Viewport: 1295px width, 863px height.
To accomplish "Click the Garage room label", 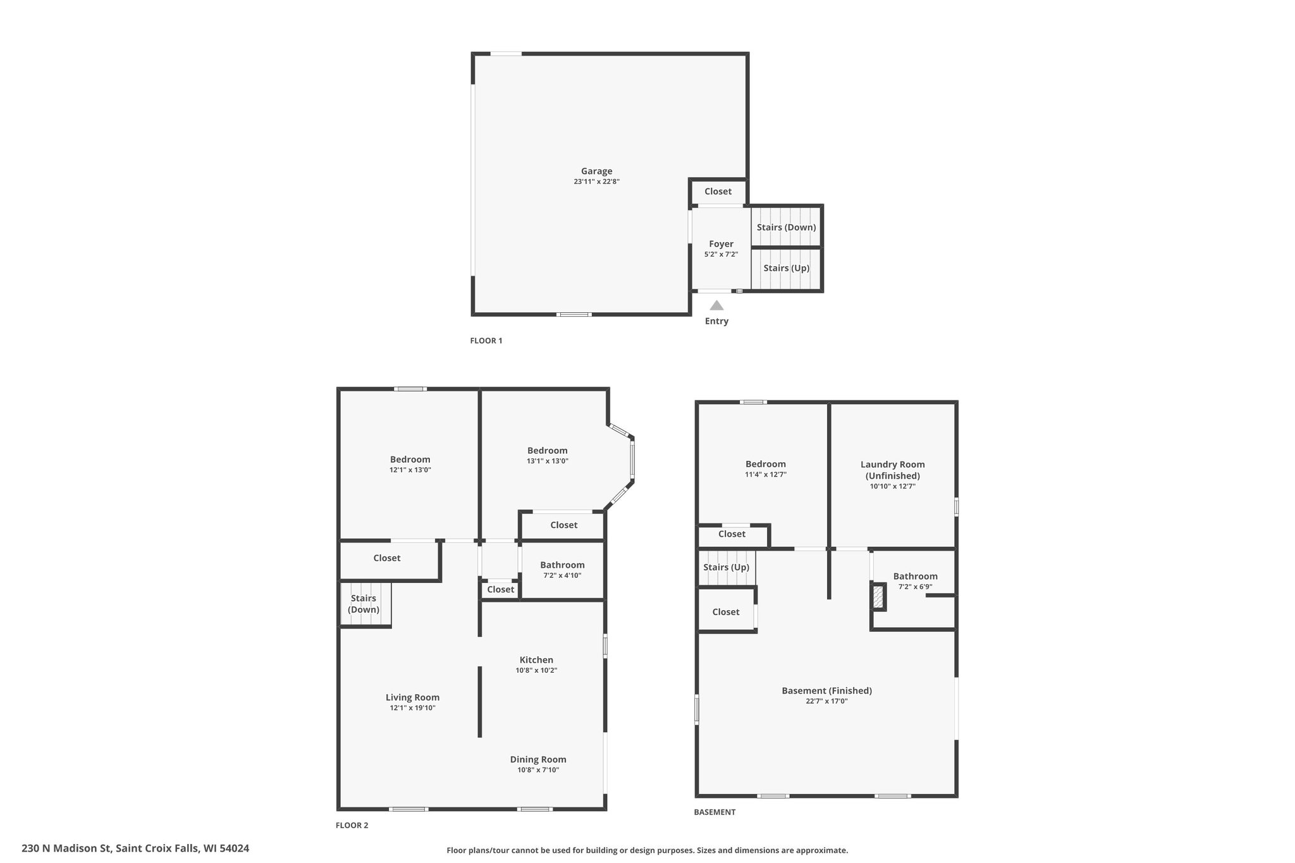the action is coord(596,171).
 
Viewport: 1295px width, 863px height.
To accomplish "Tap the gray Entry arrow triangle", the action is coord(716,305).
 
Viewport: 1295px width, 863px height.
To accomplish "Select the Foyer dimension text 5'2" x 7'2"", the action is coord(721,254).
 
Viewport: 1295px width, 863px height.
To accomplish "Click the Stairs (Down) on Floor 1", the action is coord(786,227).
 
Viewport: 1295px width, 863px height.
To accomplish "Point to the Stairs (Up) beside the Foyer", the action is coord(786,268).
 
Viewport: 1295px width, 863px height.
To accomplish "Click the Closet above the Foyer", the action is coord(718,192).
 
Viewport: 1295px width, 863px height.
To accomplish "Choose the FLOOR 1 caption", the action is coord(486,341).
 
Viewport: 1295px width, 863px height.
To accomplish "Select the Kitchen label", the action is coord(536,660).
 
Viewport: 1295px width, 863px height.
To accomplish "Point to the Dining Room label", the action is coord(538,760).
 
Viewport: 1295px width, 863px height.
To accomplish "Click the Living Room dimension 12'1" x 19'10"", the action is coord(412,708).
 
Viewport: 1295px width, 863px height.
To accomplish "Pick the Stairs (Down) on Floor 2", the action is coord(364,604).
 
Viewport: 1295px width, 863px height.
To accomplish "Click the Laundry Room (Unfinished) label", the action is coord(892,470).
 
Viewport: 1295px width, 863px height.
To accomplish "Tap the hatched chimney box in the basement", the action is coord(878,597).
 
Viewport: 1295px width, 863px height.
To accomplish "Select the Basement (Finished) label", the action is coord(826,691).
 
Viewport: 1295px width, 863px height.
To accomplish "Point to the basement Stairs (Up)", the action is coord(726,567).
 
